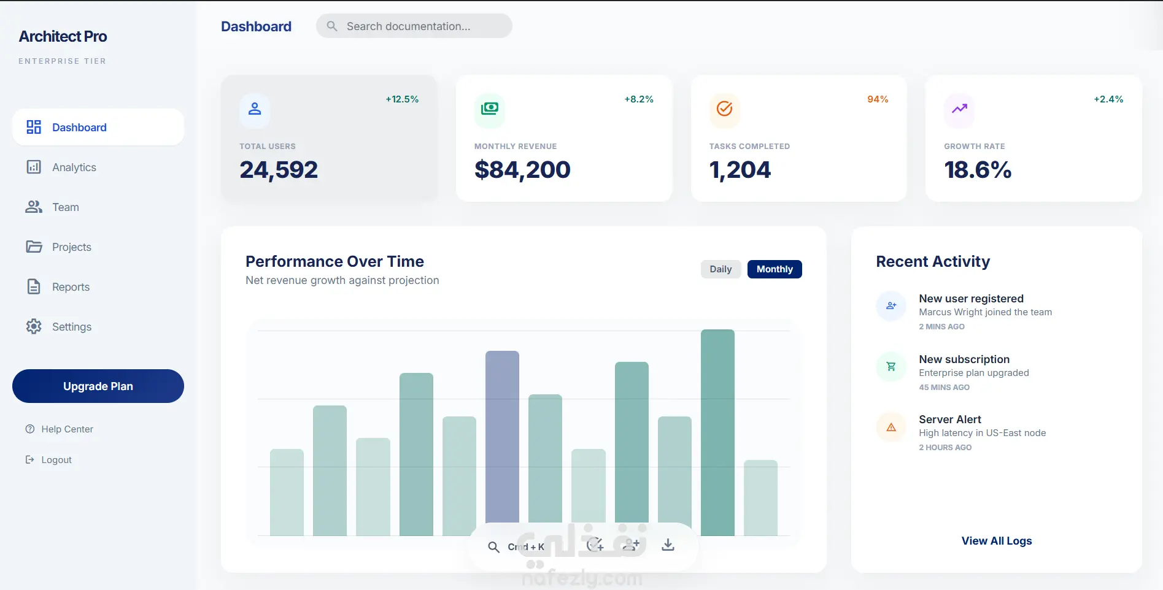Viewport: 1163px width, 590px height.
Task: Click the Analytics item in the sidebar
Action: point(74,167)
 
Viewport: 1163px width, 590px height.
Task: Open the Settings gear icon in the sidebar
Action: point(34,326)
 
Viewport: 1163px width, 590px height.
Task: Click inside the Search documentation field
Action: point(414,26)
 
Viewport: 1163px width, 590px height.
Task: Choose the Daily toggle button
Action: point(721,269)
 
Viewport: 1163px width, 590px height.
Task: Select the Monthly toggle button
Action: point(775,269)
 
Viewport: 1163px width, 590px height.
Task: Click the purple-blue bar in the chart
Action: point(502,437)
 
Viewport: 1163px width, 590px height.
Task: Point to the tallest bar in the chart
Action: point(717,432)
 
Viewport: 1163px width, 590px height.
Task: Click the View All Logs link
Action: point(997,541)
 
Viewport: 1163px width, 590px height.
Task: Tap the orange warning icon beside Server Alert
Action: point(891,427)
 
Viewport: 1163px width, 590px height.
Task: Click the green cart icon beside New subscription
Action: point(891,367)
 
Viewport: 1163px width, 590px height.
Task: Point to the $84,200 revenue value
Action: point(522,170)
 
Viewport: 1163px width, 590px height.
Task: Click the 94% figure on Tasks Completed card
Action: point(878,99)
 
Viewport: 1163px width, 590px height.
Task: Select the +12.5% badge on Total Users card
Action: point(402,99)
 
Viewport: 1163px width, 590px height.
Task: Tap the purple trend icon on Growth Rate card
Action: point(959,109)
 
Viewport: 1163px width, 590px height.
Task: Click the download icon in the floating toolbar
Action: point(668,545)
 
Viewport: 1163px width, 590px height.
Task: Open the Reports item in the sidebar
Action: point(71,287)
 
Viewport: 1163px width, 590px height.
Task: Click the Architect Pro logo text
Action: point(63,37)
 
